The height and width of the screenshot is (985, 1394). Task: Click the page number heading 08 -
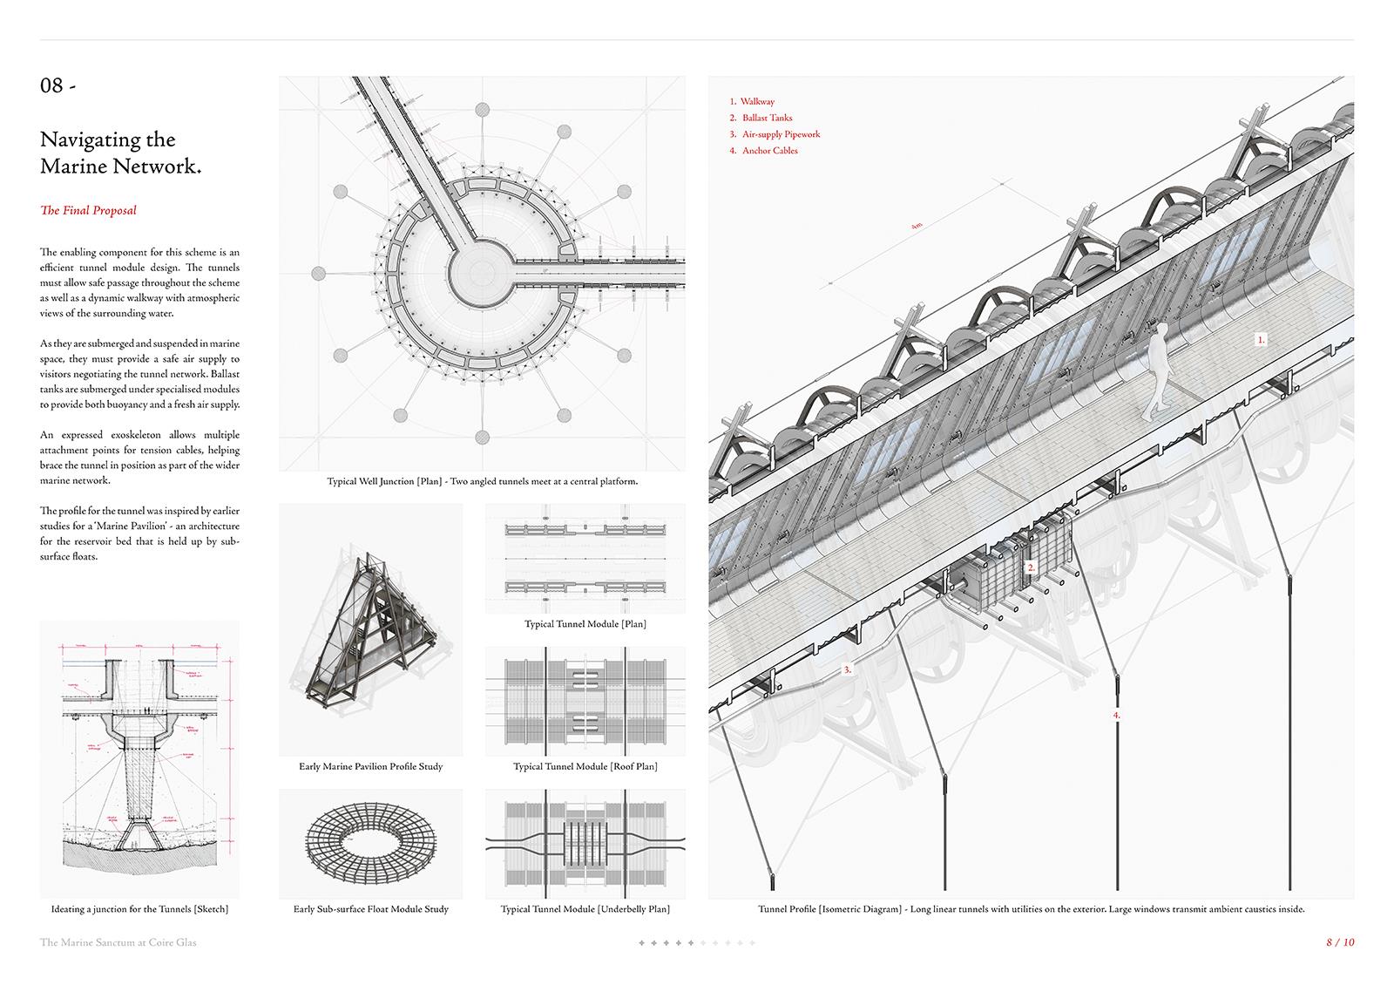(58, 85)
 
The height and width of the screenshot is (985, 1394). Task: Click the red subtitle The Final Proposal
(88, 210)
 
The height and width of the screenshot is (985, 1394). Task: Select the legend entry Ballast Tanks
(767, 118)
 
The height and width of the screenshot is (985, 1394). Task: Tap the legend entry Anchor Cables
(769, 151)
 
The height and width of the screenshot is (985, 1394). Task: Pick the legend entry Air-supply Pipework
(781, 134)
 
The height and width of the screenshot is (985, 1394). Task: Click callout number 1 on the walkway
(1261, 340)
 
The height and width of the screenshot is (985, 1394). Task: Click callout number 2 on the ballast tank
(1031, 567)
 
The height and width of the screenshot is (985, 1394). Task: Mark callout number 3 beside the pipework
(846, 670)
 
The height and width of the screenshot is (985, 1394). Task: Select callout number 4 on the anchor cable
(1116, 715)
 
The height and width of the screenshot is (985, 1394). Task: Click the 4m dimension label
(916, 226)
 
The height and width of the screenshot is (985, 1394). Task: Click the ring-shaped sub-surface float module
(370, 843)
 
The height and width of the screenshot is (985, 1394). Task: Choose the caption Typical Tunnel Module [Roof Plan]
(585, 767)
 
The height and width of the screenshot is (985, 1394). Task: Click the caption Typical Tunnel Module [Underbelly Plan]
(585, 909)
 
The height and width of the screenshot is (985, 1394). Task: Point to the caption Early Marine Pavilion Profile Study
(370, 767)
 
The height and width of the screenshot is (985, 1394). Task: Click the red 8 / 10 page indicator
(1340, 942)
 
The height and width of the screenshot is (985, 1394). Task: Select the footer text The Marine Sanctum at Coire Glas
(118, 942)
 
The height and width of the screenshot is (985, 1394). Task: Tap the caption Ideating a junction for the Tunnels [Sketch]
(139, 909)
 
